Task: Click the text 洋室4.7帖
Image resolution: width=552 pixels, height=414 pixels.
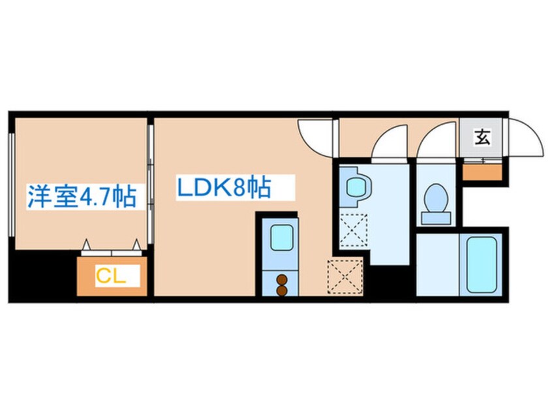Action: (x=82, y=197)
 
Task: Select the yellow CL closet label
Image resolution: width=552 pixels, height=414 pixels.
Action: (x=110, y=276)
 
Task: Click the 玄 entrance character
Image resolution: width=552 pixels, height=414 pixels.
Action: (x=482, y=138)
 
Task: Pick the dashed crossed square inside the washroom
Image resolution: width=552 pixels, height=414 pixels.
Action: (x=354, y=230)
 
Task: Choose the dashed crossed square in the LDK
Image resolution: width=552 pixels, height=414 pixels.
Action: (x=345, y=275)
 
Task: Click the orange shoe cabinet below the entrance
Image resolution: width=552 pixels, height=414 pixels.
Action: (x=482, y=172)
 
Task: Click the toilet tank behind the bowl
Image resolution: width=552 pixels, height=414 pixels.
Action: (x=436, y=218)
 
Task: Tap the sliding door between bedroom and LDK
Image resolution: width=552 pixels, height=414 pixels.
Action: (x=149, y=183)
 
